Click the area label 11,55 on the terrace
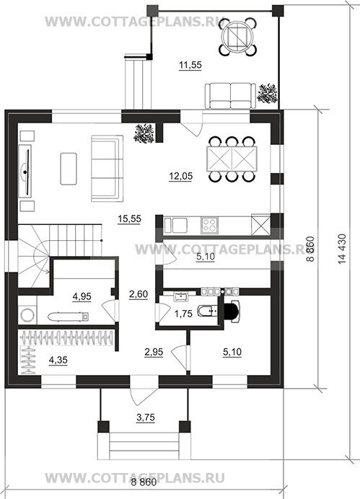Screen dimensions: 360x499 pyautogui.click(x=190, y=65)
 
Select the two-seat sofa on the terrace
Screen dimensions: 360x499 pyautogui.click(x=230, y=96)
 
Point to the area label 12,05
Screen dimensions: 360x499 pyautogui.click(x=181, y=176)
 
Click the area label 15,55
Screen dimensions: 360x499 pyautogui.click(x=129, y=219)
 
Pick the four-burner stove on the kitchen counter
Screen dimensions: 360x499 pyautogui.click(x=209, y=225)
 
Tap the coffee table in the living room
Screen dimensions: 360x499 pyautogui.click(x=69, y=169)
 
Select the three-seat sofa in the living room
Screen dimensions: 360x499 pyautogui.click(x=107, y=168)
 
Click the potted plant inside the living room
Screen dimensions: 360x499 pyautogui.click(x=144, y=133)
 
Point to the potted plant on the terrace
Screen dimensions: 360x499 pyautogui.click(x=268, y=93)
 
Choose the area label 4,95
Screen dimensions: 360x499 pyautogui.click(x=82, y=296)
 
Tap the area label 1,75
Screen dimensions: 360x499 pyautogui.click(x=183, y=314)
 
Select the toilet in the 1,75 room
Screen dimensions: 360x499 pyautogui.click(x=207, y=311)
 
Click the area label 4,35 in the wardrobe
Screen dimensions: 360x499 pyautogui.click(x=58, y=361)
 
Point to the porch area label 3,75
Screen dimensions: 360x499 pyautogui.click(x=146, y=418)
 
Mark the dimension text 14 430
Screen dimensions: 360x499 pyautogui.click(x=342, y=249)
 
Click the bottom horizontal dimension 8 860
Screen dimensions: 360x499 pyautogui.click(x=144, y=482)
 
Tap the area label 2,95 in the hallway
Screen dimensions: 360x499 pyautogui.click(x=154, y=352)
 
